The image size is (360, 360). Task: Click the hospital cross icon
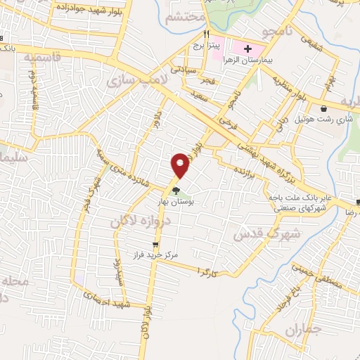[248, 48]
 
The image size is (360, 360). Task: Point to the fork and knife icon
[207, 34]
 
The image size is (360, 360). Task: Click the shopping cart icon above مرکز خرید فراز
[155, 245]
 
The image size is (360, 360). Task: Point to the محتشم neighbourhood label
[185, 17]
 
